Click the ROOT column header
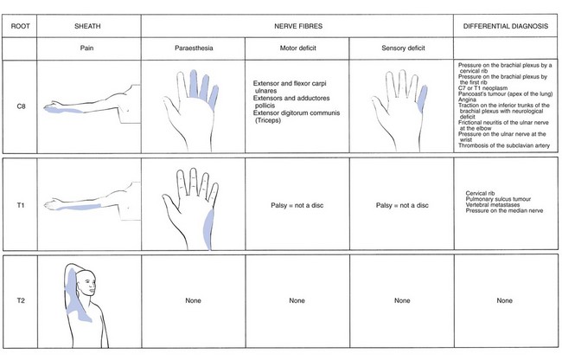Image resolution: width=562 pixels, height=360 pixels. [20, 26]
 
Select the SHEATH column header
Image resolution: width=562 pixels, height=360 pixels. [87, 26]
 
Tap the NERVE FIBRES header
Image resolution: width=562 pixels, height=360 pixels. [298, 26]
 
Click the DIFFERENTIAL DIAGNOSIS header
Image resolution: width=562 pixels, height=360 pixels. [506, 26]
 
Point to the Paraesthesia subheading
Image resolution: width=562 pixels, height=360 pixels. [194, 48]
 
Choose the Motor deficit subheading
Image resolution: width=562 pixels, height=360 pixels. [297, 48]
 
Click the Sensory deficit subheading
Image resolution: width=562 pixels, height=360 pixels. [403, 48]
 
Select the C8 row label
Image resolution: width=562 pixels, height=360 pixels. [21, 106]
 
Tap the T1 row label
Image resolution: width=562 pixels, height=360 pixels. [21, 205]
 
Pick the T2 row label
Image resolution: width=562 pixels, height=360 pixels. [21, 300]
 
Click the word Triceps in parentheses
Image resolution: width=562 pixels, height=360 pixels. [268, 120]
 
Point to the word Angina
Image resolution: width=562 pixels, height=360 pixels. [467, 100]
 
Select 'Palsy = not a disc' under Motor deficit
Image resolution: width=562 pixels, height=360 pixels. [297, 205]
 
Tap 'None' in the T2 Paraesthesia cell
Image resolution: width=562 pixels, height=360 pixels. [193, 300]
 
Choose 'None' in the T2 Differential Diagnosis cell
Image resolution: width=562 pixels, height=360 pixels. [504, 300]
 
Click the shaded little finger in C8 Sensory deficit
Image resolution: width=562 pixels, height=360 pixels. [423, 98]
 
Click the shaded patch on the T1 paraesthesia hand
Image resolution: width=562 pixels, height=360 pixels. [208, 229]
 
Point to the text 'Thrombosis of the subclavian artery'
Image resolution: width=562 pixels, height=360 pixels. [503, 145]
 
